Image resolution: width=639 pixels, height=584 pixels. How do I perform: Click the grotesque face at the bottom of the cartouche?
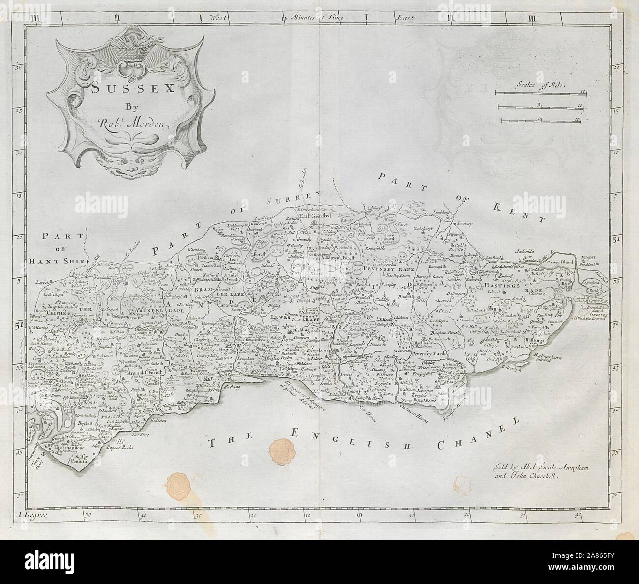(120, 166)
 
